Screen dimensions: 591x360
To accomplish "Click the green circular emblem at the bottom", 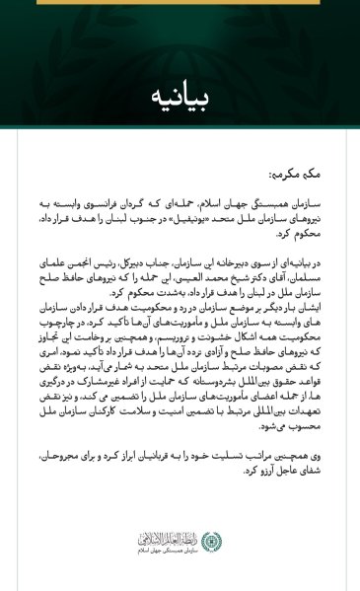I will click(x=211, y=540).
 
